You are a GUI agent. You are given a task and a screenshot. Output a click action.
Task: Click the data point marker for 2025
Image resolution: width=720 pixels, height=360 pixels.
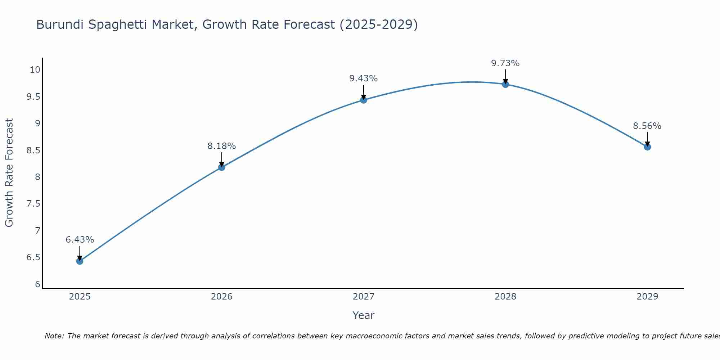tap(80, 261)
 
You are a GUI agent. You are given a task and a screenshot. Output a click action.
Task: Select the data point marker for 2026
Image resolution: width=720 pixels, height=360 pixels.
tap(221, 167)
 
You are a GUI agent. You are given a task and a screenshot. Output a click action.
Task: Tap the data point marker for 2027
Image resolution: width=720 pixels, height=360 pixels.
tap(364, 100)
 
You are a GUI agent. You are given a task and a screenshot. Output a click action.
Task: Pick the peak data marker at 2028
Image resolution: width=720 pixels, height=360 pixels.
tap(505, 84)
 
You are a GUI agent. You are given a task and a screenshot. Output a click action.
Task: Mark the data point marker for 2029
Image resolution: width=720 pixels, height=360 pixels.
tap(647, 147)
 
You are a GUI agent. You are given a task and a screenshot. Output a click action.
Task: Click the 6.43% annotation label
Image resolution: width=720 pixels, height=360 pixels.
tap(80, 240)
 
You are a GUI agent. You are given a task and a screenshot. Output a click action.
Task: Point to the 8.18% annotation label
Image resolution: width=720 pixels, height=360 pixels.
tap(221, 146)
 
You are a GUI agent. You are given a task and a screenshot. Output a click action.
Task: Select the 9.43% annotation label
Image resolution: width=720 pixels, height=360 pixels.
tap(364, 78)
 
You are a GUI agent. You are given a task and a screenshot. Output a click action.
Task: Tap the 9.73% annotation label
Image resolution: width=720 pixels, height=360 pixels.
tap(505, 63)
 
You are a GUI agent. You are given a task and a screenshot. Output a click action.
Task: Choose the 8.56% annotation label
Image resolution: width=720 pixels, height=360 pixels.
tap(647, 126)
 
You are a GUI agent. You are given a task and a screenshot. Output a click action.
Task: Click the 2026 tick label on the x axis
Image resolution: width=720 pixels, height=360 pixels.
tap(221, 297)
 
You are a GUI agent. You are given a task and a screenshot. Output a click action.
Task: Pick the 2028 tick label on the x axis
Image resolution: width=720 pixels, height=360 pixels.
tap(505, 297)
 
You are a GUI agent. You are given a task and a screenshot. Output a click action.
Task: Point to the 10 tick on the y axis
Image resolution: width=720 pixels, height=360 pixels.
tap(35, 70)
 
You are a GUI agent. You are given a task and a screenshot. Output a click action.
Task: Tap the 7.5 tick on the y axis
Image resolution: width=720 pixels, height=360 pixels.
tap(33, 204)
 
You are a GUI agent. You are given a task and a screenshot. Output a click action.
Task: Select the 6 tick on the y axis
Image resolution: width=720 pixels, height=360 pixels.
tap(38, 284)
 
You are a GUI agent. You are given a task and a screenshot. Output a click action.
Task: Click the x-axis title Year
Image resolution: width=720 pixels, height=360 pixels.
tap(364, 315)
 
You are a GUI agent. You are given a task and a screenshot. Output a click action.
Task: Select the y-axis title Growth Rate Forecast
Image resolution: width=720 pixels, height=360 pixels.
tap(9, 173)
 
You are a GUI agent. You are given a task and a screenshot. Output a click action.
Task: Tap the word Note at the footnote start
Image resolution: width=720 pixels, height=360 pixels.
tap(54, 336)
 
